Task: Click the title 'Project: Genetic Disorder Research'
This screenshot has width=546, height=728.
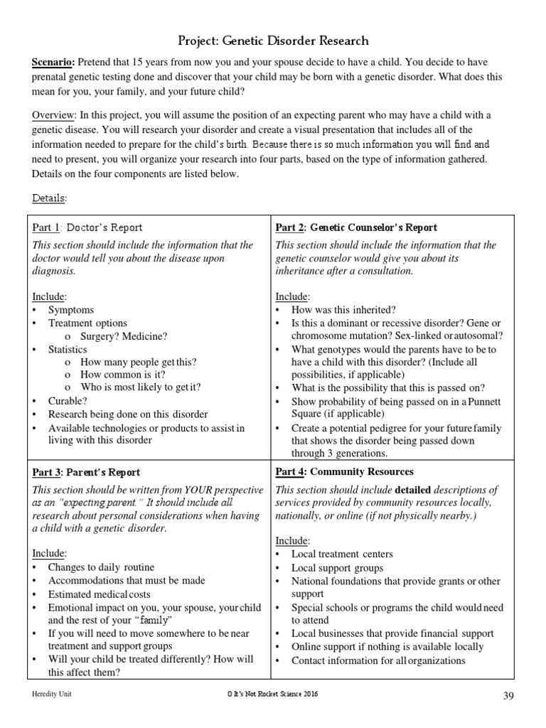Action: click(x=273, y=41)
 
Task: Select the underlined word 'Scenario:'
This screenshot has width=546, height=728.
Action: click(x=54, y=63)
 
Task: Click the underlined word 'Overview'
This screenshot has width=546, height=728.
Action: click(x=54, y=115)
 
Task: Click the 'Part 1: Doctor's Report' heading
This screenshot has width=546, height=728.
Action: click(x=87, y=227)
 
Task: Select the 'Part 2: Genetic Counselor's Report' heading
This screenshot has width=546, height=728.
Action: click(x=356, y=227)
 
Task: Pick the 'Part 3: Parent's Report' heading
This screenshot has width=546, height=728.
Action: click(x=86, y=472)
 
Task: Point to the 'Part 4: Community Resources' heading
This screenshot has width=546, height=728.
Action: click(x=344, y=472)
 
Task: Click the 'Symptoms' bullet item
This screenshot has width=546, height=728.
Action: click(x=70, y=310)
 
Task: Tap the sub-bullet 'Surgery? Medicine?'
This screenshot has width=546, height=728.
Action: click(x=124, y=336)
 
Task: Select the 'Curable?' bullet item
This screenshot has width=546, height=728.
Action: click(x=68, y=401)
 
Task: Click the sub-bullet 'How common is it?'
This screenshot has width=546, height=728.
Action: click(x=123, y=375)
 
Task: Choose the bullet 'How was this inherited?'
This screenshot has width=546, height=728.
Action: click(x=344, y=310)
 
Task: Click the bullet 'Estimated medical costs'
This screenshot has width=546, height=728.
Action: click(x=99, y=594)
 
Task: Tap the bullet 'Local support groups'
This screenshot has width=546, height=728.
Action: click(x=337, y=567)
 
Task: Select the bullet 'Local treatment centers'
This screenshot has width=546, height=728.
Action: click(x=342, y=554)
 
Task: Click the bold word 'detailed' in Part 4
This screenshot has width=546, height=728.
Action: click(x=417, y=490)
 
